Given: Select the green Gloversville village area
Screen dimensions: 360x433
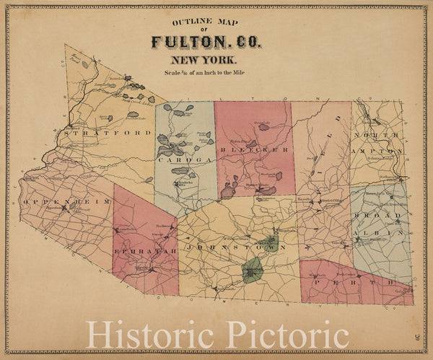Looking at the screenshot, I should click(269, 243).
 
